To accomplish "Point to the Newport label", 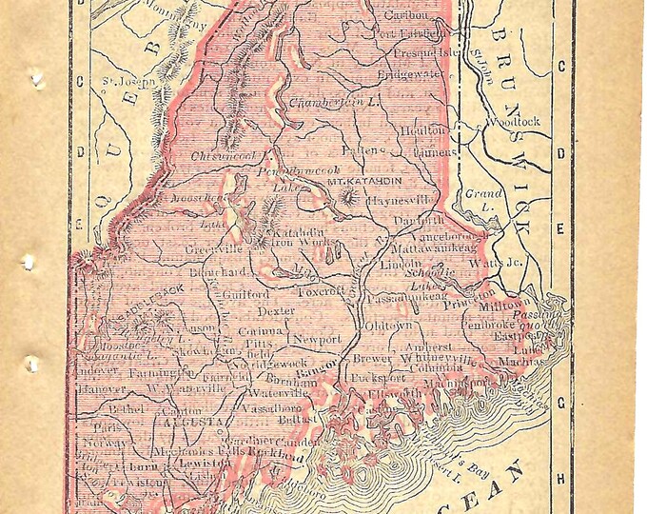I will click(316, 339).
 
